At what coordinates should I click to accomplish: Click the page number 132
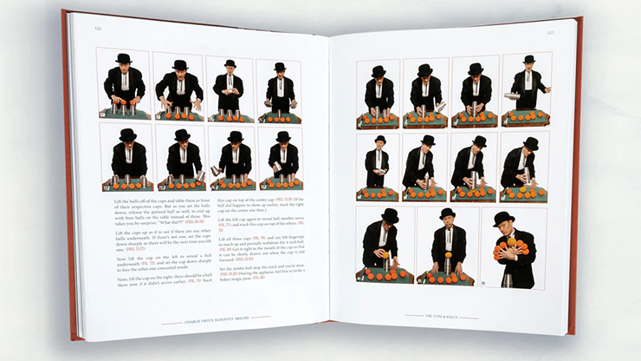pos(97,29)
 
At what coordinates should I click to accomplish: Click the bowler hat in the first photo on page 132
pos(124,58)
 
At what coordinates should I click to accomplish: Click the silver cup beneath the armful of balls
pos(504,279)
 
